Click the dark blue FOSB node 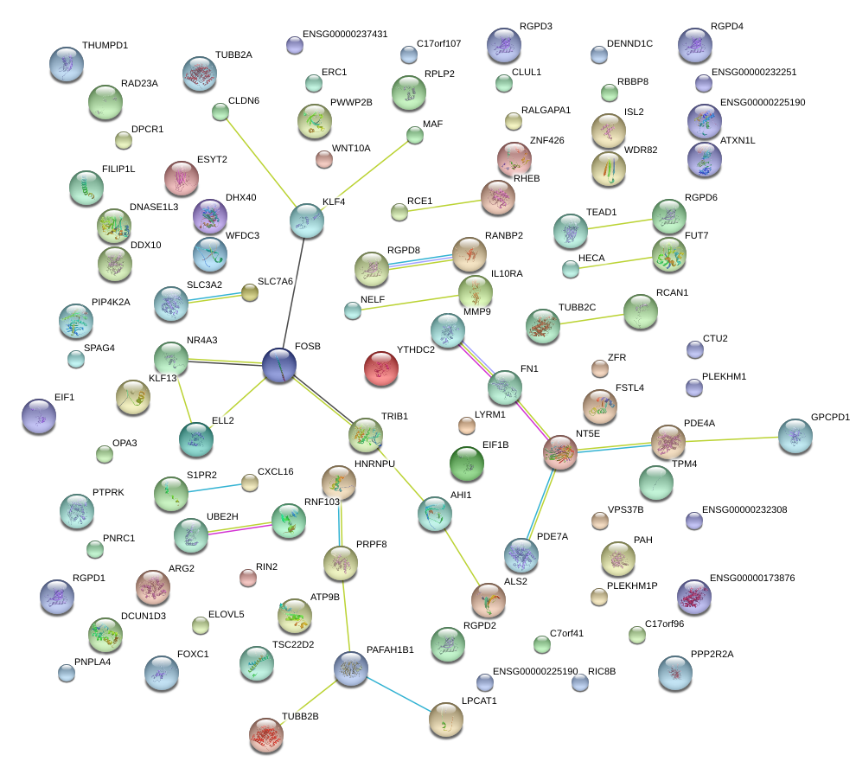pos(279,365)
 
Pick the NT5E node pos(560,452)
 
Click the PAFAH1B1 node pos(351,668)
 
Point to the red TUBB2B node pos(266,734)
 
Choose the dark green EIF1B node pos(468,464)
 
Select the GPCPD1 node pos(795,437)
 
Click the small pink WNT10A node pos(323,159)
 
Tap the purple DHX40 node pos(208,216)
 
